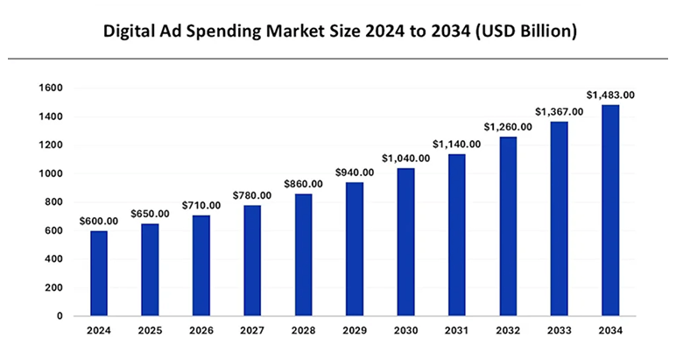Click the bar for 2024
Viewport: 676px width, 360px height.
(x=99, y=272)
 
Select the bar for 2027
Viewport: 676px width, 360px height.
(x=252, y=260)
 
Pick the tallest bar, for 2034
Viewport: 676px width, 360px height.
(x=609, y=210)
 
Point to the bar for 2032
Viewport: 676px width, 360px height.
(x=507, y=226)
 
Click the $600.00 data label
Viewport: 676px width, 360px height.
(x=98, y=221)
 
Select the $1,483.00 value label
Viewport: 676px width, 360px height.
(x=609, y=95)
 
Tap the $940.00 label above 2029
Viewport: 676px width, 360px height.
(x=354, y=173)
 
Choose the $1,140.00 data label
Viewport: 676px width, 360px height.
(x=455, y=144)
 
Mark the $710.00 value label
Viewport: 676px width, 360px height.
(x=201, y=205)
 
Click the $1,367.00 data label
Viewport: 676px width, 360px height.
(x=559, y=111)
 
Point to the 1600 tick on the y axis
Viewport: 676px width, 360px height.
(x=50, y=88)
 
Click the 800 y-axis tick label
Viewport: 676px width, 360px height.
(x=53, y=202)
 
